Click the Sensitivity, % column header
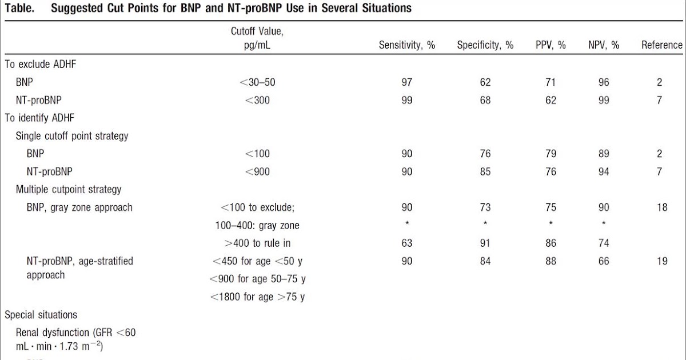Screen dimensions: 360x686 tap(407, 45)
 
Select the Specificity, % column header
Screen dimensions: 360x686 tap(485, 45)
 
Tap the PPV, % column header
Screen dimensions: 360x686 tap(551, 45)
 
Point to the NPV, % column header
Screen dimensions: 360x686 tap(604, 45)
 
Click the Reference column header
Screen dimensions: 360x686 tap(661, 45)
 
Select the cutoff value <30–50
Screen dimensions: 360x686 tap(257, 82)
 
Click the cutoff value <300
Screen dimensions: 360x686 tap(257, 100)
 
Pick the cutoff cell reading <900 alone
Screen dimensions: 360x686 tap(257, 171)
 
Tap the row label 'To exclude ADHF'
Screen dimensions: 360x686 tap(41, 65)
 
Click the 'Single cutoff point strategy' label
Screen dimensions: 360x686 tap(71, 136)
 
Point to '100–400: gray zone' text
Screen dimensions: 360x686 tap(257, 225)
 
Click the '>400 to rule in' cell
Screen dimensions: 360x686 tap(257, 243)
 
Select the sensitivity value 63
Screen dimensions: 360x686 tap(406, 243)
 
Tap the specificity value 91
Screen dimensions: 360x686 tap(485, 243)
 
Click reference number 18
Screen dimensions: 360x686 tap(661, 207)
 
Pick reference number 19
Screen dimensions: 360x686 tap(661, 261)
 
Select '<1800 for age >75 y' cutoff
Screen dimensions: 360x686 tap(257, 297)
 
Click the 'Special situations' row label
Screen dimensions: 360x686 tap(41, 315)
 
